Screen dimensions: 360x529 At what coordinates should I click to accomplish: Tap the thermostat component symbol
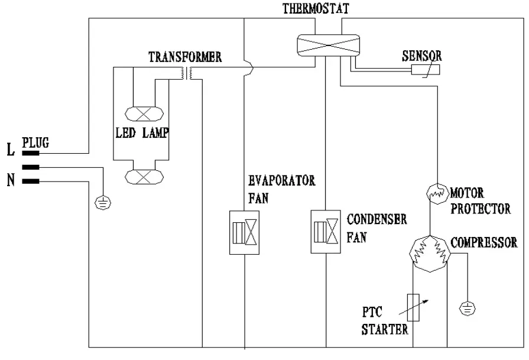(328, 44)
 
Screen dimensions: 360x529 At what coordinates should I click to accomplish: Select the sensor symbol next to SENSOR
(426, 70)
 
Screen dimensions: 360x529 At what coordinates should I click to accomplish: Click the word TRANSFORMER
(185, 57)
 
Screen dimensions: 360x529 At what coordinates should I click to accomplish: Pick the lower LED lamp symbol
(144, 176)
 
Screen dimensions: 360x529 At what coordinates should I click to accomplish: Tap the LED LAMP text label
(142, 134)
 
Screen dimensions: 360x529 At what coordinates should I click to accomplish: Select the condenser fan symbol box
(327, 232)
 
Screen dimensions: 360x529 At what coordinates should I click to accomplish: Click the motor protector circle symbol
(438, 193)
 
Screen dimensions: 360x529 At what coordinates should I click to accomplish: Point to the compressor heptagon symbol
(430, 253)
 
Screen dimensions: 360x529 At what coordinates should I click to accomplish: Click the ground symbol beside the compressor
(467, 308)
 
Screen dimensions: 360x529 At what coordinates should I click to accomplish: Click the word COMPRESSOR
(483, 242)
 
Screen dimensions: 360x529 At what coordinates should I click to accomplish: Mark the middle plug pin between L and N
(31, 167)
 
